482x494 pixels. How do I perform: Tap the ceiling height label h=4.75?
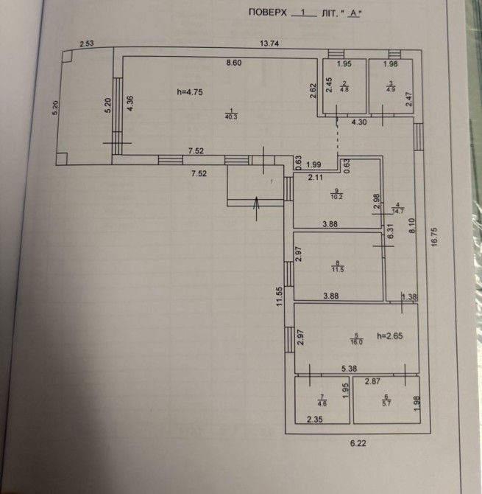tap(189, 91)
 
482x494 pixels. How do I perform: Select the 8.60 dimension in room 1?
tap(233, 63)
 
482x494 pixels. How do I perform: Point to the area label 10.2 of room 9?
tap(337, 197)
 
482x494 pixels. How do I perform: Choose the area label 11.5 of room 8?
tap(337, 269)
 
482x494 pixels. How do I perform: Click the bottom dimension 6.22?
tap(358, 442)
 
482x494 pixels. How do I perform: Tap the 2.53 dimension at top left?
tap(88, 44)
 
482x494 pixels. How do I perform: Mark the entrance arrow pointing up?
tap(255, 207)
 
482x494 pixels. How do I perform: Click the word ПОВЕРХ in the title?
tap(266, 13)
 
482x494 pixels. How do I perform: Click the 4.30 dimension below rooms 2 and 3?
tap(358, 122)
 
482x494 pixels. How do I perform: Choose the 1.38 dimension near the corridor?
tap(409, 296)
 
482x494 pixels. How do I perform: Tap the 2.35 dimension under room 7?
tap(316, 420)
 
